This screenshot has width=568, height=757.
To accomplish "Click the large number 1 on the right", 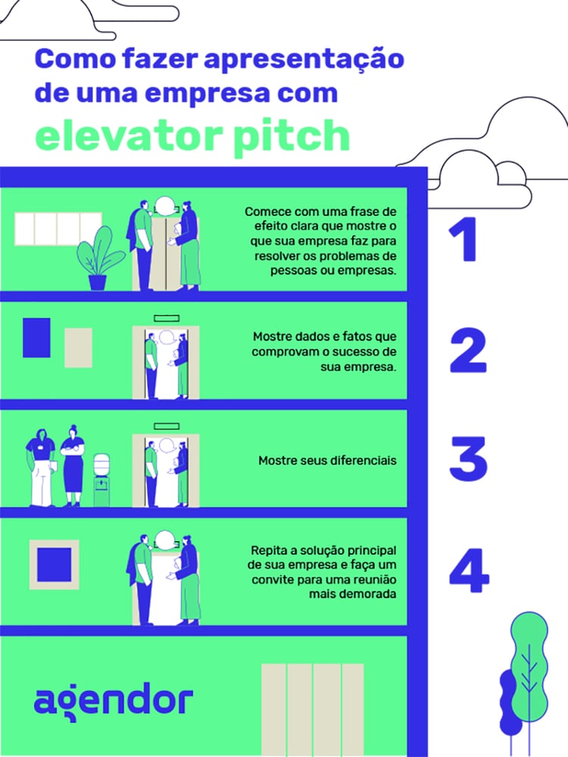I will pos(463,240).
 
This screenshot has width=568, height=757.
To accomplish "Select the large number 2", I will pos(467,350).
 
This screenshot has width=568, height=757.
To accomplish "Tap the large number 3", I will pos(468,459).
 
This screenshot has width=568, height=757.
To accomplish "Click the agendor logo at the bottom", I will pos(113,701).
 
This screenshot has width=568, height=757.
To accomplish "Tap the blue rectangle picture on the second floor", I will pos(36,338).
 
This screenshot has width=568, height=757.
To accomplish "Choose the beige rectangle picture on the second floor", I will pos(78,350).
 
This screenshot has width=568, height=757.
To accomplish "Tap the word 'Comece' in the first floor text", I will pos(265,211).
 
